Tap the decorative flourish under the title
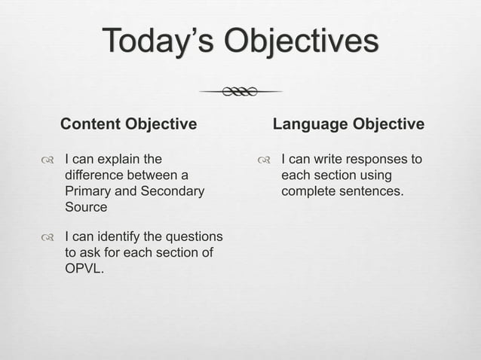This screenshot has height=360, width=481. coord(240,92)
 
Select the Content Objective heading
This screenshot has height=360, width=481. coord(128,124)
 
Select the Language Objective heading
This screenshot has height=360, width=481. coord(348,124)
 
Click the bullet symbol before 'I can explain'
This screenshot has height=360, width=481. coord(47,160)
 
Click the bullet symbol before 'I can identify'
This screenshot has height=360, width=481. coord(47,237)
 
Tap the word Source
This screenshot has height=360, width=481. coord(86,206)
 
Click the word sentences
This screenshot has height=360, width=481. coord(370,191)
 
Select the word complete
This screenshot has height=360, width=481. coord(308,191)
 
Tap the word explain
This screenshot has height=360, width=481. coord(121,160)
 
